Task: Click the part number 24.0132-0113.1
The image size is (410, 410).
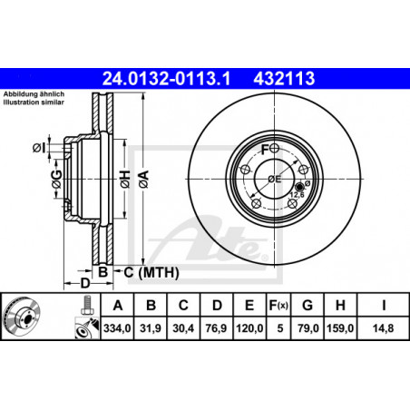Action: [x=166, y=79]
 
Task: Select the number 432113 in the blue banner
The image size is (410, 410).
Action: [x=284, y=79]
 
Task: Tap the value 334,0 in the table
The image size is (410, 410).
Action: [x=117, y=328]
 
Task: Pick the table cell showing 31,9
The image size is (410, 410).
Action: [x=151, y=328]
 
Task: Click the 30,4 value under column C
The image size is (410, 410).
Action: [x=183, y=328]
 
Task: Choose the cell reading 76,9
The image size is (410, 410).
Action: [x=216, y=328]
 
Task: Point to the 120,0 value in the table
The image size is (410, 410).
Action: [x=249, y=328]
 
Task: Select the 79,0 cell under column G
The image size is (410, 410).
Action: [x=308, y=328]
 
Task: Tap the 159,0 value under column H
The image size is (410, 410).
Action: [x=340, y=328]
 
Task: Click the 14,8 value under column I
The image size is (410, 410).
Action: [x=383, y=328]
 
